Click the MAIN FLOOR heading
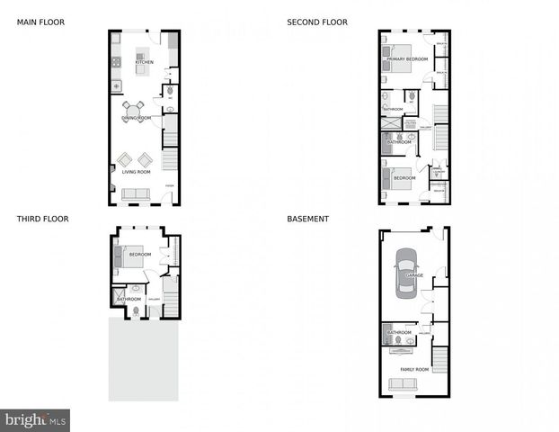point(40,22)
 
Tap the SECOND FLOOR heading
point(317,22)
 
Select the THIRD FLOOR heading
point(42,219)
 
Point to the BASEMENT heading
point(307,219)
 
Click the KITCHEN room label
point(144,62)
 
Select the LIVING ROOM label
point(137,171)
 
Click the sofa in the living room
point(136,193)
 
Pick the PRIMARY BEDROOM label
point(407,58)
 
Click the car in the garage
point(405,274)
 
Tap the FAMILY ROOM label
point(414,369)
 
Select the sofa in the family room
point(402,384)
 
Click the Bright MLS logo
point(35,419)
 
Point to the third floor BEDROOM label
point(139,255)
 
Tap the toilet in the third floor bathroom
point(135,311)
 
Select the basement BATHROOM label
point(398,333)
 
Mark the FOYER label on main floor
point(169,186)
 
